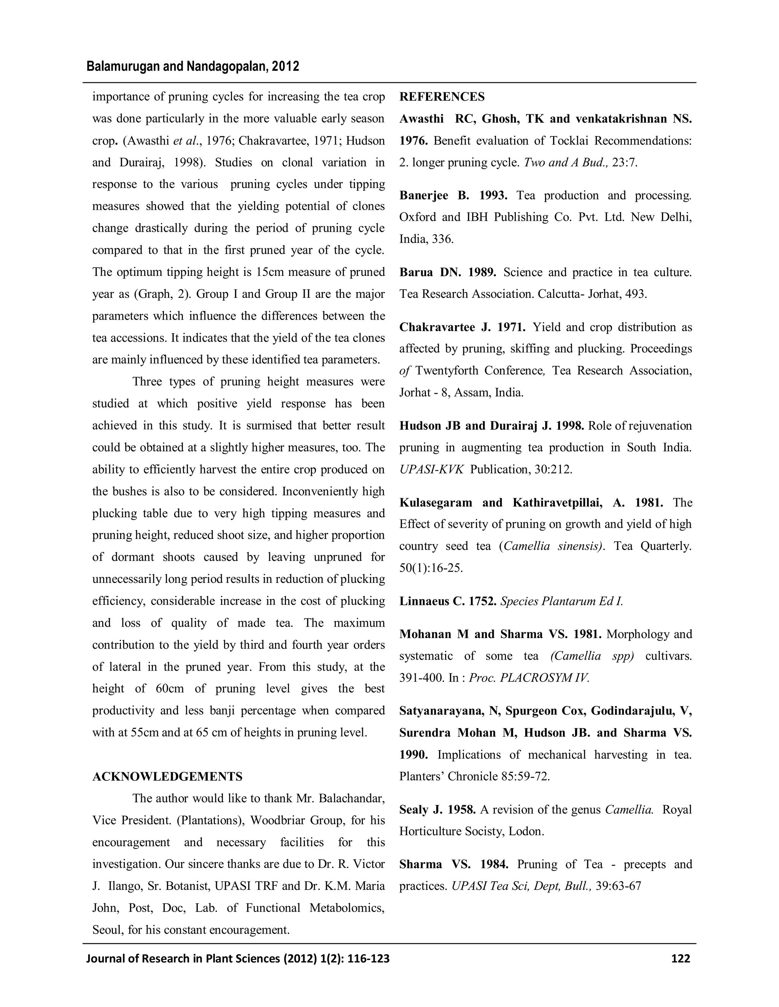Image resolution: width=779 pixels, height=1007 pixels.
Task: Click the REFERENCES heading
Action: (442, 97)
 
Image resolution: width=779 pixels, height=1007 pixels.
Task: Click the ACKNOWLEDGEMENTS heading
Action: (167, 776)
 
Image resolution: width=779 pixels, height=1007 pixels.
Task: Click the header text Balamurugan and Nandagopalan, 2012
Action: (193, 67)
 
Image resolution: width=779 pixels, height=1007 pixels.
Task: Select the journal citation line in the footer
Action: (238, 959)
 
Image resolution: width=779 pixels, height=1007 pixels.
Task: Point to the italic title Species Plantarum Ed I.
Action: (562, 601)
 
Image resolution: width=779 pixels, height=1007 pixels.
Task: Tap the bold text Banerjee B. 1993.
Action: (453, 195)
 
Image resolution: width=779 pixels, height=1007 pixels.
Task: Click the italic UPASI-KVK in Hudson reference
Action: (431, 469)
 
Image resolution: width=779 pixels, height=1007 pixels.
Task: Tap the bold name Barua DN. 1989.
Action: (448, 272)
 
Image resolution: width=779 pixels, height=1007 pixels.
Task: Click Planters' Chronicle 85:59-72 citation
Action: (474, 776)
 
